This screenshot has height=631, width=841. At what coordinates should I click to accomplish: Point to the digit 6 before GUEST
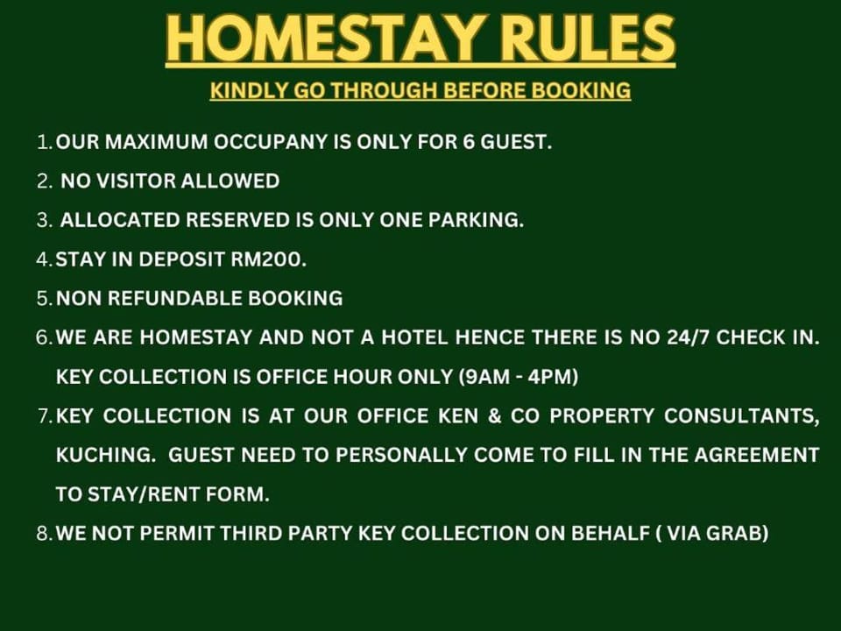pyautogui.click(x=468, y=142)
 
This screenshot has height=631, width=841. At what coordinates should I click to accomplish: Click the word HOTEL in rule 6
pyautogui.click(x=414, y=337)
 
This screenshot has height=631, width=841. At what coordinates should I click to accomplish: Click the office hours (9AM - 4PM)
pyautogui.click(x=519, y=377)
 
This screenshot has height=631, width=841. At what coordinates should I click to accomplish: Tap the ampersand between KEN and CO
pyautogui.click(x=494, y=415)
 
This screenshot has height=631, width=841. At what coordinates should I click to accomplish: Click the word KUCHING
pyautogui.click(x=103, y=455)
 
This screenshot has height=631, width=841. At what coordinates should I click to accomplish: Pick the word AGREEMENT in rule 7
pyautogui.click(x=757, y=455)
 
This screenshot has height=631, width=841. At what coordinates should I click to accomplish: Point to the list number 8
pyautogui.click(x=43, y=534)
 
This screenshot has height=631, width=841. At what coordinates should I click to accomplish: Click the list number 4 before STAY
pyautogui.click(x=42, y=259)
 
